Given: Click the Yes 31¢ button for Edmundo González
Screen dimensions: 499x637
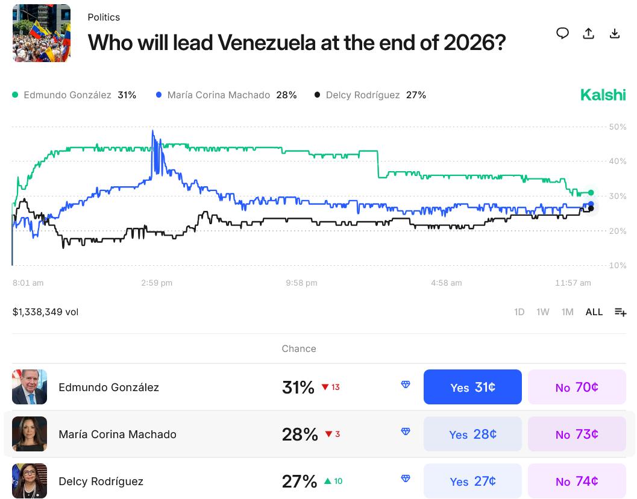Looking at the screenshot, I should pyautogui.click(x=472, y=387).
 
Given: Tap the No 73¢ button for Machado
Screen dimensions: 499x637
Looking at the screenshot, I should pyautogui.click(x=577, y=434).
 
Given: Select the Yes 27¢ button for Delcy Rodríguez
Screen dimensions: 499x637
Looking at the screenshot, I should pyautogui.click(x=472, y=481).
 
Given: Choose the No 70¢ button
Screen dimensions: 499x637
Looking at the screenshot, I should pyautogui.click(x=577, y=387).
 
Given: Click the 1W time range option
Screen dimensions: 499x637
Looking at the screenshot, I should pyautogui.click(x=543, y=312).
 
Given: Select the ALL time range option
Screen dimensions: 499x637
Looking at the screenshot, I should pyautogui.click(x=594, y=312).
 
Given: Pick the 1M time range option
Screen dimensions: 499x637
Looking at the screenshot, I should pyautogui.click(x=567, y=312).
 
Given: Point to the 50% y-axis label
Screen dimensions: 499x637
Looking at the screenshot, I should pyautogui.click(x=618, y=127).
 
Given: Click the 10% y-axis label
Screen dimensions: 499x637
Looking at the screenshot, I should pyautogui.click(x=618, y=265).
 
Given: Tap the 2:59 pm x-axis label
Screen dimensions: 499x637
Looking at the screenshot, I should pyautogui.click(x=157, y=283).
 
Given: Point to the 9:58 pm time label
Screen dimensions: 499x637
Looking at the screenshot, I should pyautogui.click(x=302, y=283).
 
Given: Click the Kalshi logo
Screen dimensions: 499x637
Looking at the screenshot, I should pyautogui.click(x=603, y=95).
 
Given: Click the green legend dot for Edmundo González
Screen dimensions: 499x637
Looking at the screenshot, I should pyautogui.click(x=16, y=95).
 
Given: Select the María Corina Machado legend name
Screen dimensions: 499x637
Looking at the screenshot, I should pyautogui.click(x=218, y=95).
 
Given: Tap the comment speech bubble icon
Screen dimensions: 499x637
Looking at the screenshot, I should pyautogui.click(x=562, y=34).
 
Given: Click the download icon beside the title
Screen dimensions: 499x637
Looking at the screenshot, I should pyautogui.click(x=615, y=34).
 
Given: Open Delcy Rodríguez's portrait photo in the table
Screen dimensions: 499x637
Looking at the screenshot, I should pyautogui.click(x=30, y=481).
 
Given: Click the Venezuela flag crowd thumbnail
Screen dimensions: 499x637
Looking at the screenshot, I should pyautogui.click(x=42, y=33).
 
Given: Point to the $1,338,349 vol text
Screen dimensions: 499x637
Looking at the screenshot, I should pyautogui.click(x=45, y=312).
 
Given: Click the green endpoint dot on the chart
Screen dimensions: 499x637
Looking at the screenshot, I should pyautogui.click(x=591, y=193).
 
